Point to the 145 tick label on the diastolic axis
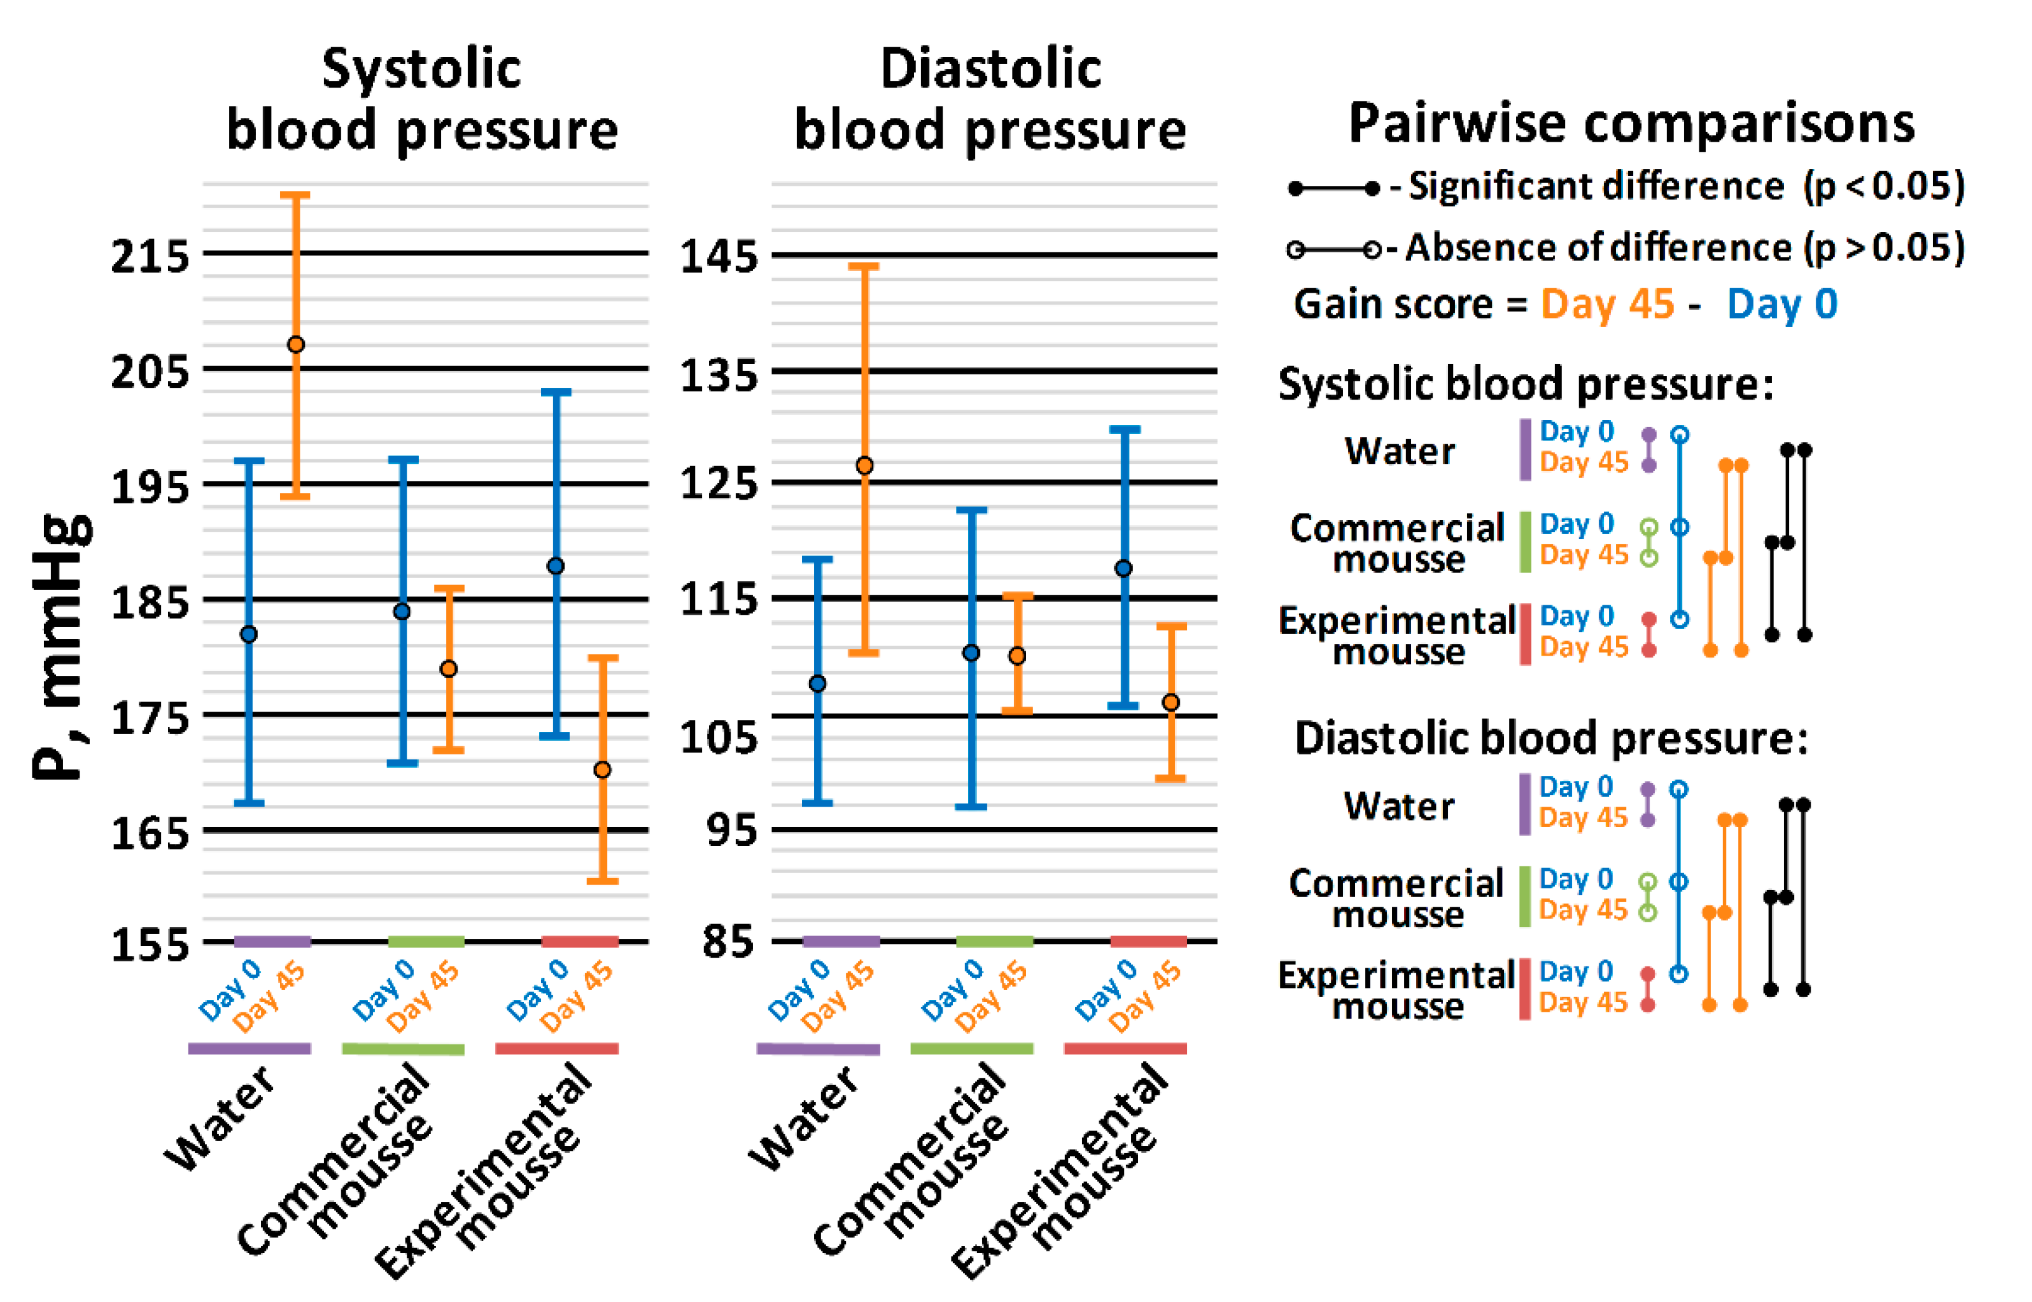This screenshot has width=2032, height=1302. pyautogui.click(x=719, y=255)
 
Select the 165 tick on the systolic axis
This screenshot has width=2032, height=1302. pyautogui.click(x=150, y=833)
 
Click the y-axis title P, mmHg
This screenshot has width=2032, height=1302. pyautogui.click(x=61, y=647)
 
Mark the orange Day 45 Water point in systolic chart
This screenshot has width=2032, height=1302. pyautogui.click(x=296, y=345)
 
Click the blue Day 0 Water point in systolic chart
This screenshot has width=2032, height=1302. pyautogui.click(x=249, y=634)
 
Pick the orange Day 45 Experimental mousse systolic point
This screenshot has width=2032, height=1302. pyautogui.click(x=602, y=769)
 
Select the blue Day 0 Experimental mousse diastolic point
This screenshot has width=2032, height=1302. pyautogui.click(x=1124, y=568)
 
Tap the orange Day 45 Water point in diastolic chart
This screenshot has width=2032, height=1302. pyautogui.click(x=864, y=466)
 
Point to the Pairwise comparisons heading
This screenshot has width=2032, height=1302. pyautogui.click(x=1631, y=124)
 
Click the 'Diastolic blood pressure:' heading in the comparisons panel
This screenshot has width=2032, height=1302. pyautogui.click(x=1551, y=738)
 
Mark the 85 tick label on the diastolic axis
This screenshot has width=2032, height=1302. pyautogui.click(x=728, y=941)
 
